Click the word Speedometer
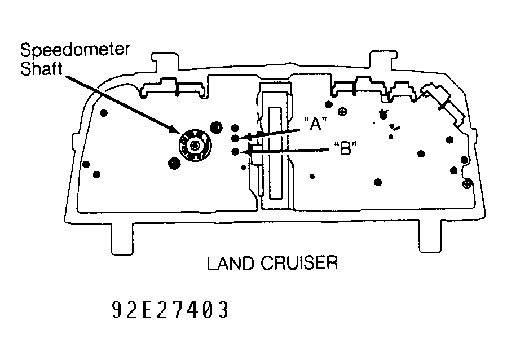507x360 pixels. (x=74, y=50)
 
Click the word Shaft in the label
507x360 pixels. (x=41, y=69)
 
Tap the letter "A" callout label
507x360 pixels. (x=315, y=124)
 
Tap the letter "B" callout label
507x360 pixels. (x=346, y=149)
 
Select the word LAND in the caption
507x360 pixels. (x=230, y=263)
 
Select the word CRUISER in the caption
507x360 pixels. (x=299, y=263)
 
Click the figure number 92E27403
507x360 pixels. (x=170, y=310)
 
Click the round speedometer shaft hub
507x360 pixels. (x=195, y=146)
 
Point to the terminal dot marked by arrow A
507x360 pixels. (x=235, y=138)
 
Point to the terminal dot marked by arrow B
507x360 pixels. (x=235, y=151)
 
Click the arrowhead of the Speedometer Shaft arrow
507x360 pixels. (x=175, y=130)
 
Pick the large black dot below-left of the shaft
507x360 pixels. (x=174, y=163)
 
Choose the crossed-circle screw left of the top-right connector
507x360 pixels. (x=342, y=112)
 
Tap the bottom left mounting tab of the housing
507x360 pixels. (x=122, y=238)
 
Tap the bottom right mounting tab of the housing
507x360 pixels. (x=430, y=236)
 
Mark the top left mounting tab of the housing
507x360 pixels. (x=165, y=62)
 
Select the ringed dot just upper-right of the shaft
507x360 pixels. (x=216, y=128)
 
